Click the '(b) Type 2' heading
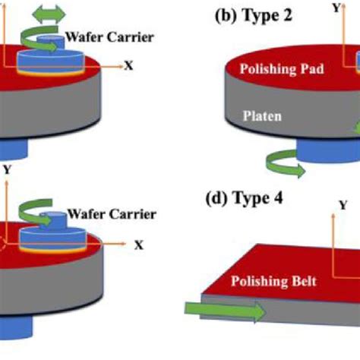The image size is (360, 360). (254, 16)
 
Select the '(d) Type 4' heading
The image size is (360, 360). (245, 197)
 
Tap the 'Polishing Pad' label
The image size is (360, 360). (282, 69)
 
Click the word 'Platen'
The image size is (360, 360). (262, 116)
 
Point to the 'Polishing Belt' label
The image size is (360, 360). (273, 281)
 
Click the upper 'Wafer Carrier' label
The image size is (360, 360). (110, 37)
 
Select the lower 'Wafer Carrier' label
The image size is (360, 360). (112, 214)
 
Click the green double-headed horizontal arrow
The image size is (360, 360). (49, 14)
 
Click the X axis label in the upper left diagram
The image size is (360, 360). (128, 65)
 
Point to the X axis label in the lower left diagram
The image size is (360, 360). (139, 245)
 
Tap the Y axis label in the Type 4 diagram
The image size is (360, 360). (343, 205)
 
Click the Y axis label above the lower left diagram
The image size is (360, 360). (8, 169)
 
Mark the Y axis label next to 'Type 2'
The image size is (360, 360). (336, 8)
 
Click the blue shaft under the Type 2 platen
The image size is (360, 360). (328, 151)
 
